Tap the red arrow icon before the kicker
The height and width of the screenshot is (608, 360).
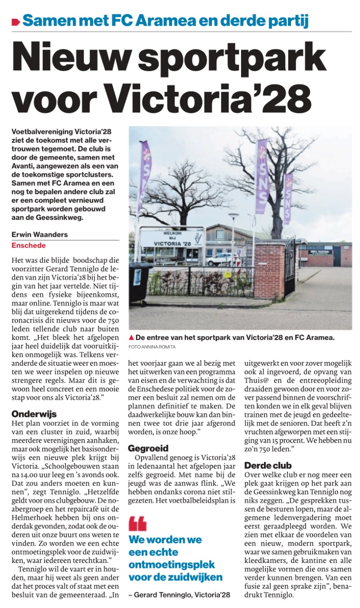(16, 21)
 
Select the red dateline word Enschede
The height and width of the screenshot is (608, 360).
(28, 245)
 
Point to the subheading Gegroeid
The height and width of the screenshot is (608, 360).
(148, 435)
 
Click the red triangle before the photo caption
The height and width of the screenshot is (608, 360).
(131, 337)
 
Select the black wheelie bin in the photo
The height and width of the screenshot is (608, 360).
(140, 281)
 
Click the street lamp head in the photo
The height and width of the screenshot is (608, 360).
(233, 216)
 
